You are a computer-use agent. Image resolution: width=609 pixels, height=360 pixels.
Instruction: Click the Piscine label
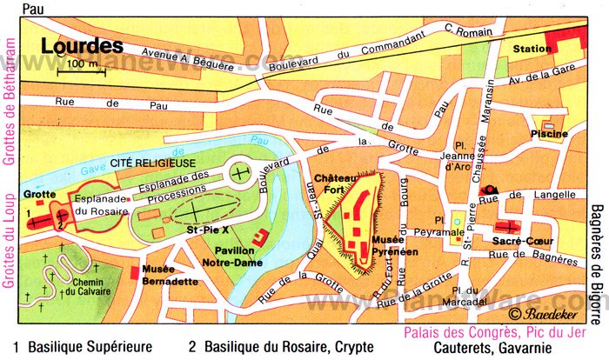(x=551, y=133)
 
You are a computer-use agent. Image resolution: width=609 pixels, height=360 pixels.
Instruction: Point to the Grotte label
(x=39, y=195)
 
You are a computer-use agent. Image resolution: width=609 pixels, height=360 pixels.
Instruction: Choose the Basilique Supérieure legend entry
(x=83, y=346)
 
